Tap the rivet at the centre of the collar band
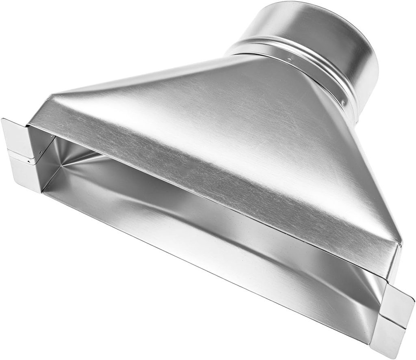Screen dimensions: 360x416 point(289,60)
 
